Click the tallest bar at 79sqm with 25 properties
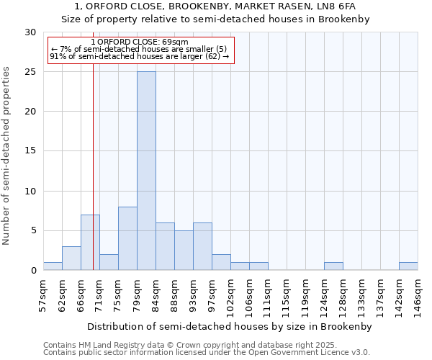(146, 171)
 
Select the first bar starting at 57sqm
(53, 266)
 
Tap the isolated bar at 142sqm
(408, 266)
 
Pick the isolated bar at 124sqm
(333, 266)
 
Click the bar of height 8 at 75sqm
(127, 238)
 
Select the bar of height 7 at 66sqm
(90, 242)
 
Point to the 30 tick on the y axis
(31, 32)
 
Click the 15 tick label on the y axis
(31, 151)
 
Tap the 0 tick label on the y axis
(34, 271)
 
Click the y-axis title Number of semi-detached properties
(7, 156)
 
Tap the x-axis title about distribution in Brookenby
(230, 326)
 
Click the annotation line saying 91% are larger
(139, 56)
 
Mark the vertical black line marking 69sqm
(93, 180)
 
